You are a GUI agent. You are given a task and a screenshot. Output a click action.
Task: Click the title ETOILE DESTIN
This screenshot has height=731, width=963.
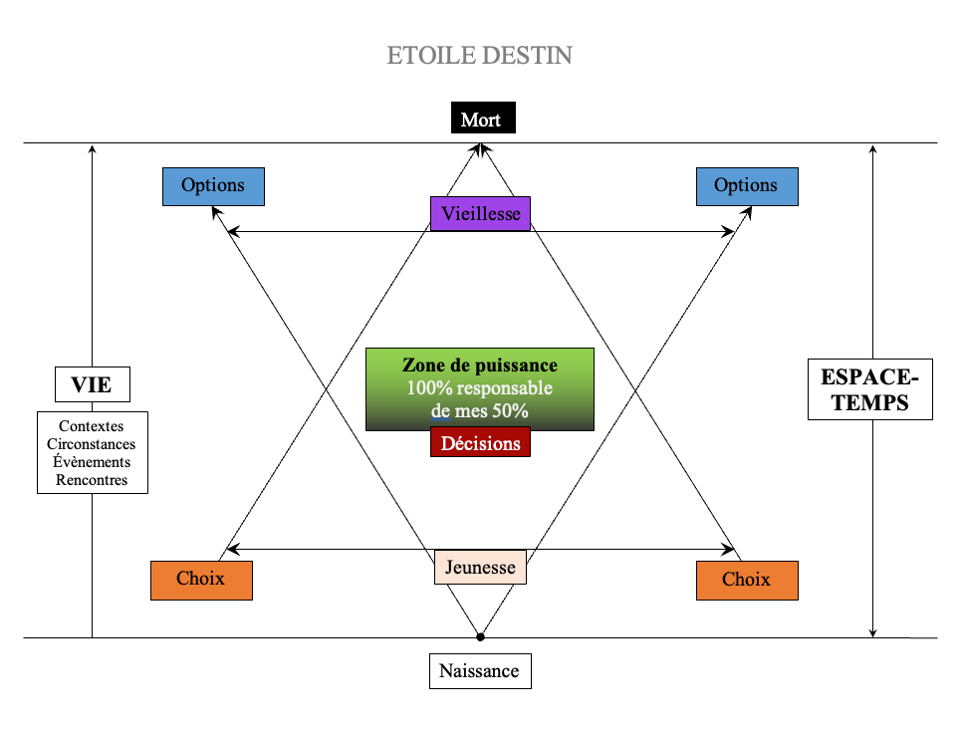point(480,55)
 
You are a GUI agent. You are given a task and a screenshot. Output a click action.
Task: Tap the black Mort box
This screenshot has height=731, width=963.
point(481,121)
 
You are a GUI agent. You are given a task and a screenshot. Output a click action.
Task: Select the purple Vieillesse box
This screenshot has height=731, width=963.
point(480,213)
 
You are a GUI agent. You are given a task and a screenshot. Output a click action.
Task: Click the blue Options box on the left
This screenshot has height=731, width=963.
point(213,186)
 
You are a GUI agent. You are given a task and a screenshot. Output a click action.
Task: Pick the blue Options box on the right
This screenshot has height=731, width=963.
point(746,186)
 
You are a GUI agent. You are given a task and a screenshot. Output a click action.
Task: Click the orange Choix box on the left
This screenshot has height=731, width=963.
point(201,580)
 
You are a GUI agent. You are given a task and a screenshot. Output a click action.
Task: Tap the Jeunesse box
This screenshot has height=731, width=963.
point(480,568)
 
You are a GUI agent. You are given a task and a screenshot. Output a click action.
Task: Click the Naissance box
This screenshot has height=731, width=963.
point(480,670)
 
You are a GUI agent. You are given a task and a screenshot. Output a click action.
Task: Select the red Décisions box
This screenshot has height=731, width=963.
point(480,443)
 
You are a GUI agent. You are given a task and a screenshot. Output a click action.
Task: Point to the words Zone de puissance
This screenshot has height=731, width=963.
point(480,365)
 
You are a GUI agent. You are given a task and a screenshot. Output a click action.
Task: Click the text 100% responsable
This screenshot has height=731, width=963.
point(480,388)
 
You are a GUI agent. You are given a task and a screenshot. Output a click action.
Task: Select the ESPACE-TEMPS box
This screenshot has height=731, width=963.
point(869,388)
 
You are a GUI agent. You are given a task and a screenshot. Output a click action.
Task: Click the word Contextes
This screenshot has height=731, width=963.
point(92,426)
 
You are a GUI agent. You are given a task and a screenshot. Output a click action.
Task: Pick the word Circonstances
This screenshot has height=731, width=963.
point(92,444)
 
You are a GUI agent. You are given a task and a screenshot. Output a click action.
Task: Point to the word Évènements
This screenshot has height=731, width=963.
point(92,462)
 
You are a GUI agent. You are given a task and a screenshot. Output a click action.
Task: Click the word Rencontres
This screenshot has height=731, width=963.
point(92,480)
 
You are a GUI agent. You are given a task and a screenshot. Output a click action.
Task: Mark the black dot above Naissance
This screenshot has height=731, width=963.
point(480,636)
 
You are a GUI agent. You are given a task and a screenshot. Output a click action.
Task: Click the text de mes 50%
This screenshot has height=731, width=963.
point(480,410)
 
